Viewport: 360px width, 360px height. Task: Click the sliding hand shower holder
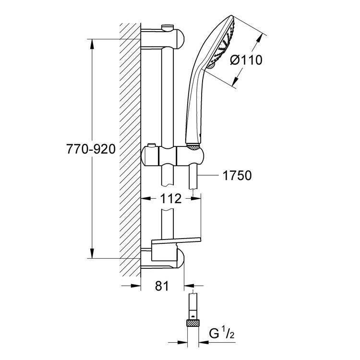(x=175, y=156)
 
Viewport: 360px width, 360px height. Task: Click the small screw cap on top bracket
(x=168, y=26)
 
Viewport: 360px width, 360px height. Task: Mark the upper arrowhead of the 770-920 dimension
(x=93, y=43)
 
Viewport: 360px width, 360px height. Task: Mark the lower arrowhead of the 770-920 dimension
(x=93, y=254)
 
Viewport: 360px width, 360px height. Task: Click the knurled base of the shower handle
(x=192, y=144)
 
